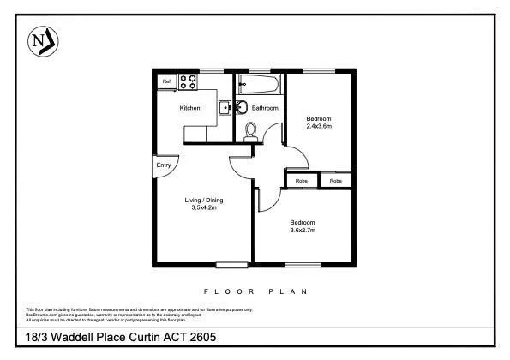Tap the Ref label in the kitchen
coord(166,81)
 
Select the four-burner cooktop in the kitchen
coord(188,82)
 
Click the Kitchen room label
coord(189,108)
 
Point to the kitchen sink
coord(224,108)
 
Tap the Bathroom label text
coord(265,108)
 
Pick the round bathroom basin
coord(241,107)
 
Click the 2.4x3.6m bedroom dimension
coord(319,126)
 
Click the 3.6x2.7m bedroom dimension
coord(303,230)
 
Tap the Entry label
coord(163,165)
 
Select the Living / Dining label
coord(203,200)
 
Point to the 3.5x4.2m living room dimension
coord(203,207)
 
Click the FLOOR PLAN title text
coord(255,291)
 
